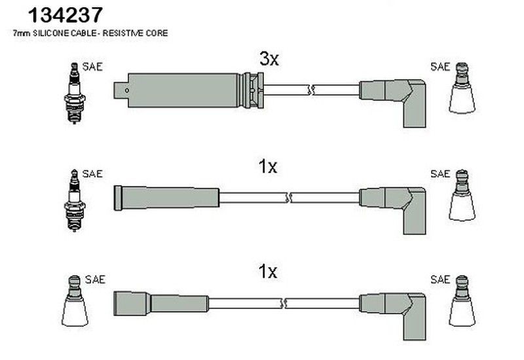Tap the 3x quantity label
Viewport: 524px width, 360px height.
coord(269,60)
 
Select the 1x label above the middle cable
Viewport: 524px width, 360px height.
coord(268,167)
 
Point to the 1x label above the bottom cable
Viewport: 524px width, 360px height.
coord(268,270)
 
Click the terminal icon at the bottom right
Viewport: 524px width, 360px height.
coord(462,302)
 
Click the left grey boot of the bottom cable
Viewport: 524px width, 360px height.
coord(160,302)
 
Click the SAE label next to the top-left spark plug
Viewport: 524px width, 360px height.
coord(92,67)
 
